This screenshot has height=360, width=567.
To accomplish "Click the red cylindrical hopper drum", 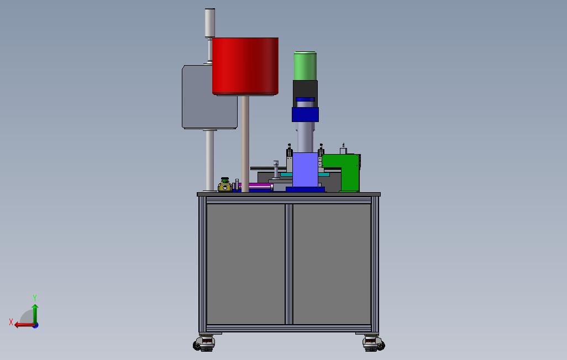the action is tap(245, 66).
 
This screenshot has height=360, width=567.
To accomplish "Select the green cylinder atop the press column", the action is tap(305, 66).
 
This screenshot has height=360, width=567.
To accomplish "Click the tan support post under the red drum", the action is tap(245, 144).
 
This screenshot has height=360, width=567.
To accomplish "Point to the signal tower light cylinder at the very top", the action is tap(210, 23).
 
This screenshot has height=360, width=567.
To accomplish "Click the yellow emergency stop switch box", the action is tap(224, 186).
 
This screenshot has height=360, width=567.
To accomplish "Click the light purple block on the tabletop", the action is tap(305, 170).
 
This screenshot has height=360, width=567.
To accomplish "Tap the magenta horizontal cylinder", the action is tap(255, 187).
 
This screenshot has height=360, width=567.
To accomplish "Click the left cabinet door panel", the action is tap(245, 264).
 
